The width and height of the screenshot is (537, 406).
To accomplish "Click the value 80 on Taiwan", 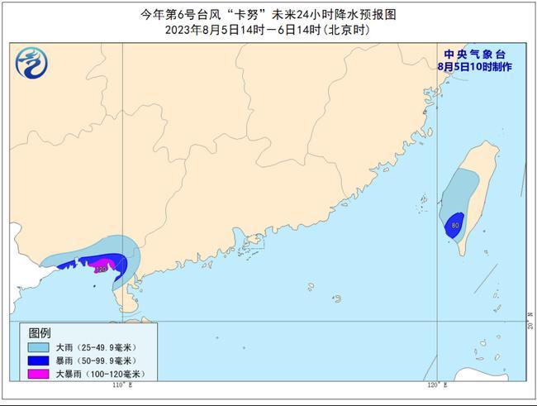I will pos(455,224).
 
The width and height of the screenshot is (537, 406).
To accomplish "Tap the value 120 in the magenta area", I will pos(101,269).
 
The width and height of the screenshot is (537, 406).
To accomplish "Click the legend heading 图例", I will pos(40,332).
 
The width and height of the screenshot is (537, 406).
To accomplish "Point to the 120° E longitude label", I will pos(436,386).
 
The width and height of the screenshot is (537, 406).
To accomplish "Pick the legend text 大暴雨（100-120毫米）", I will pos(100,375).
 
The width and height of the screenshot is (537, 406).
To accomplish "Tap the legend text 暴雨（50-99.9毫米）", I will pos(94,361).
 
